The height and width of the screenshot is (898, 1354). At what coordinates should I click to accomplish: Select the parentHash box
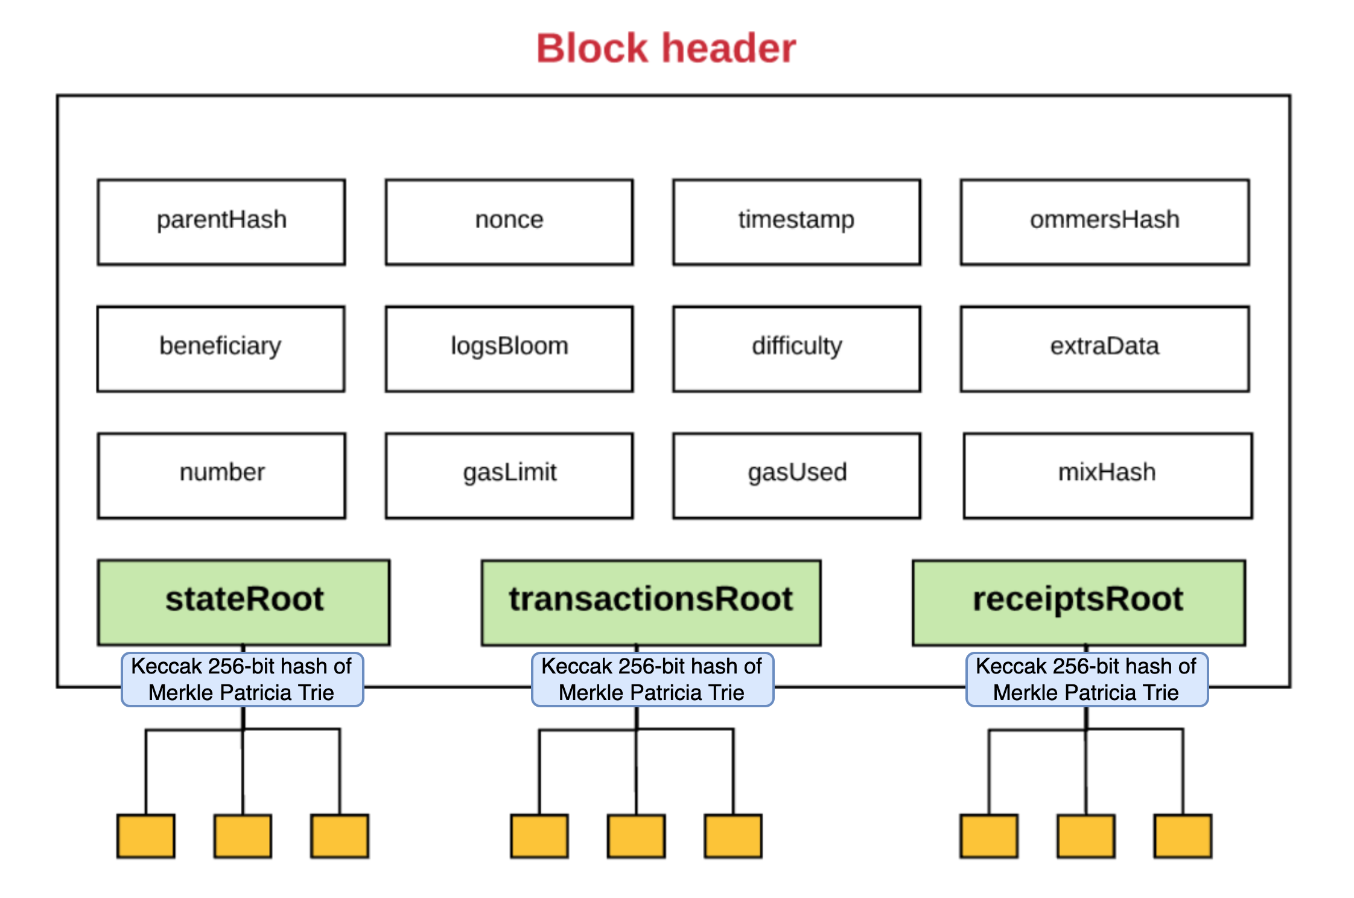pos(221,221)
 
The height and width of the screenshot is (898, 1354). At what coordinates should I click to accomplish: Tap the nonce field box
pos(509,221)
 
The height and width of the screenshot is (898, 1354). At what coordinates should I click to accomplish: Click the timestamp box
pos(796,221)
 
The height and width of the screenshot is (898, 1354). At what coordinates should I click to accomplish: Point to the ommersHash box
pos(1104,221)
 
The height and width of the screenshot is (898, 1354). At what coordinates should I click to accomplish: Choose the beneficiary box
pos(221,348)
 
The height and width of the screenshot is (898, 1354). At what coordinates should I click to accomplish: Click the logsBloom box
pos(509,348)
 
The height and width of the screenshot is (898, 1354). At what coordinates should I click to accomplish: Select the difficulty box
pos(796,348)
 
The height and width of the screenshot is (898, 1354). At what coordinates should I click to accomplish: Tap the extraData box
pos(1104,348)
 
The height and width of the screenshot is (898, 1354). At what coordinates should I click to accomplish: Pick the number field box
pos(221,475)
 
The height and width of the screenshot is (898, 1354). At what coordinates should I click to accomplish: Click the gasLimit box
pos(509,475)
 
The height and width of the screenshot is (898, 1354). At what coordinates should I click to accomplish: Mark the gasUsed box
pos(796,475)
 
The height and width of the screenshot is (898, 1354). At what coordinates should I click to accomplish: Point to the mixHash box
pos(1107,475)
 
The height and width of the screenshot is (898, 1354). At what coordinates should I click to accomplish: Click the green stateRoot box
pos(244,602)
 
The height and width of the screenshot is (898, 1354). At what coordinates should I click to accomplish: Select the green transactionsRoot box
pos(650,602)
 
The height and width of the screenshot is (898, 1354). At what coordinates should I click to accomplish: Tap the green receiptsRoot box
pos(1078,602)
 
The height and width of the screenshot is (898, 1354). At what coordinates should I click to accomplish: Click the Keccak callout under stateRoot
pos(242,679)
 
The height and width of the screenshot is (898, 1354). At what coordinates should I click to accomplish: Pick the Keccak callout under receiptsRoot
pos(1086,679)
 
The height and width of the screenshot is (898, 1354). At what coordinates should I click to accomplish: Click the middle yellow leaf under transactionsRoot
pos(636,836)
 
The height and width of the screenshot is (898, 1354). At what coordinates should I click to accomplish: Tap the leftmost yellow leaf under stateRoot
pos(146,836)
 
